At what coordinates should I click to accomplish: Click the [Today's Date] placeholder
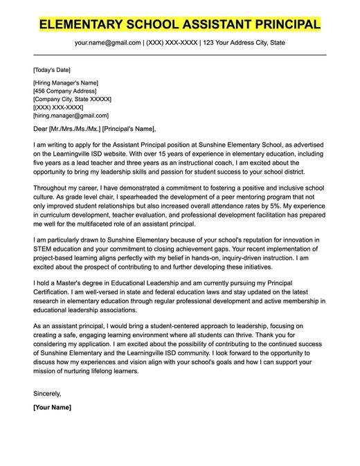52,70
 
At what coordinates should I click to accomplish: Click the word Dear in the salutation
41,129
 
